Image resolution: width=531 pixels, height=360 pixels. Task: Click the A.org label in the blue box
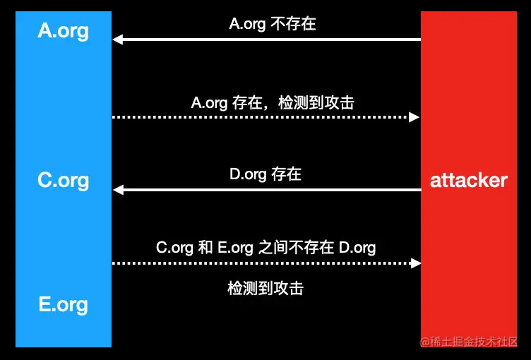pos(64,31)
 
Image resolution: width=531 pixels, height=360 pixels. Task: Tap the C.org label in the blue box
pos(64,180)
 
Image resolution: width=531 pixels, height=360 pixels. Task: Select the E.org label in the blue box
pos(64,305)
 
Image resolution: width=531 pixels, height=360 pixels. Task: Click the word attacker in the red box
pos(468,180)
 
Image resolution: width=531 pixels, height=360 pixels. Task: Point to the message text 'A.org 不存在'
pos(272,24)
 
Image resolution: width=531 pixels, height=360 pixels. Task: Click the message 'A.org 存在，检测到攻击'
pos(272,103)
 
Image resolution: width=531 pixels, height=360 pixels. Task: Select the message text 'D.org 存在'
pos(265,174)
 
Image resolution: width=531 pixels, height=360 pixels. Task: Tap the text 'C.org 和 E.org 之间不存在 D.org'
pos(265,248)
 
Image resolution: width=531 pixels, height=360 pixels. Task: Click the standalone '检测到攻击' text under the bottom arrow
pos(265,289)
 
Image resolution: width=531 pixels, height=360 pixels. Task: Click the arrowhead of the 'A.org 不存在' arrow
pos(117,40)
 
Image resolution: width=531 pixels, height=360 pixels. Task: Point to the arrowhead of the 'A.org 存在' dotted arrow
pos(415,116)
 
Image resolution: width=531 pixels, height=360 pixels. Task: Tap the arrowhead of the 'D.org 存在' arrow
pos(117,189)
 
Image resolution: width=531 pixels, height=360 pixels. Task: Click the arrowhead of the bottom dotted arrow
pos(415,263)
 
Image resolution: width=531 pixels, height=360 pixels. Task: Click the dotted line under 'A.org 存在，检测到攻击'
pos(261,116)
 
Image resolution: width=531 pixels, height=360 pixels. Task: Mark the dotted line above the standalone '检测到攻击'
pos(261,263)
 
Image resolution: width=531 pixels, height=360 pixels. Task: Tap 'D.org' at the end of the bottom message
pos(357,248)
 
